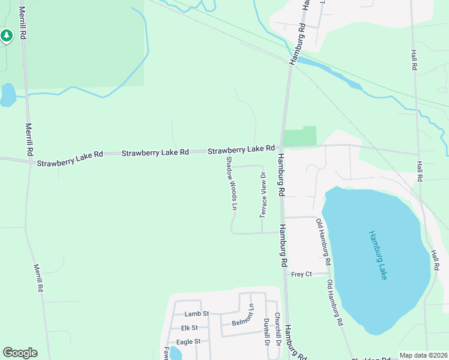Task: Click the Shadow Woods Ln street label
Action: pos(232,184)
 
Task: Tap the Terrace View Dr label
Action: pos(262,195)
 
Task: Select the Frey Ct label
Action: pos(301,274)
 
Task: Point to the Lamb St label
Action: pos(196,314)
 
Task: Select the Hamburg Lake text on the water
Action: pos(378,254)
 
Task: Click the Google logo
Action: pos(20,353)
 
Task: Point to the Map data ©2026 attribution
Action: pos(423,355)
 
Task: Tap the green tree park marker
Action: pos(7,37)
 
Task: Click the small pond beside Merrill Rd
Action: pos(7,94)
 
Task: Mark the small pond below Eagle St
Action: pos(175,353)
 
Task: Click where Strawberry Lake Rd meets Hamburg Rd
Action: pos(280,146)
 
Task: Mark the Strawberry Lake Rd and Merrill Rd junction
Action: pos(28,161)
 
